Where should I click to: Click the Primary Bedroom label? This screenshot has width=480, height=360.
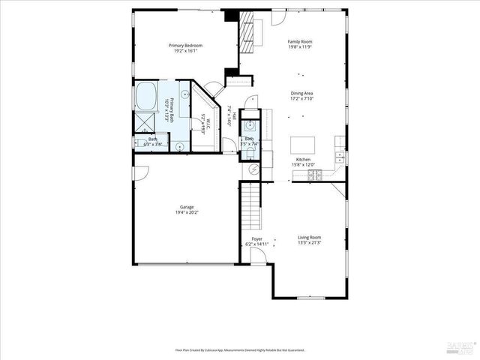(x=185, y=45)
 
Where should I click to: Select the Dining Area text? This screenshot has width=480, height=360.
(x=302, y=93)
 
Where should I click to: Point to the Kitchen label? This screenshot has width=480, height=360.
(x=303, y=160)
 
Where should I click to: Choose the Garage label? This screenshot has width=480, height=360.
(x=187, y=207)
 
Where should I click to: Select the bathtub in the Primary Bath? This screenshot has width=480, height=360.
(x=145, y=96)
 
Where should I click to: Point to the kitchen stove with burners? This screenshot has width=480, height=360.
(x=316, y=175)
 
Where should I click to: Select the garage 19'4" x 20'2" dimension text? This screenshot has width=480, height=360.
(x=187, y=212)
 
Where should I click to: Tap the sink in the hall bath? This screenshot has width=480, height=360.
(x=250, y=125)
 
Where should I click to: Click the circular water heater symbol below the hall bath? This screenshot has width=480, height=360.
(x=253, y=170)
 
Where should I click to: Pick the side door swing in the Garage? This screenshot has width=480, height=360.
(x=140, y=173)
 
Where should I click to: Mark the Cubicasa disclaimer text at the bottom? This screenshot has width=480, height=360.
(x=240, y=349)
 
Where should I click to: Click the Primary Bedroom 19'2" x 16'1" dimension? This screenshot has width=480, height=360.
(x=185, y=51)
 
